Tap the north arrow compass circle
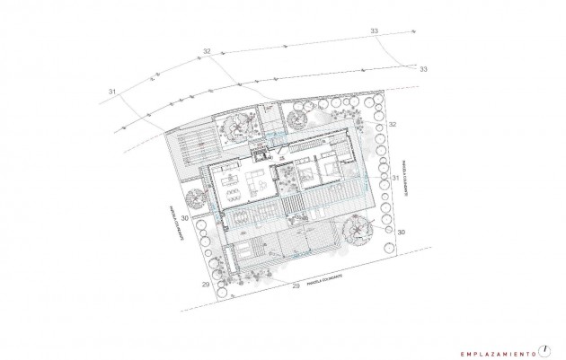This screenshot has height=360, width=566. pos(544,348)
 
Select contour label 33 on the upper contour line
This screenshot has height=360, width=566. pos(374,31)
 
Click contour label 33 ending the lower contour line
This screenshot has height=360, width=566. pos(423,69)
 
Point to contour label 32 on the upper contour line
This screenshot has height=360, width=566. pos(207,53)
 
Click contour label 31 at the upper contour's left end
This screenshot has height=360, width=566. pos(112,92)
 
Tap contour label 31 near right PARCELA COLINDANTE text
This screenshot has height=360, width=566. pos(396,180)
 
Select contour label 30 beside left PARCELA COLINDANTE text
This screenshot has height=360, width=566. pos(184,218)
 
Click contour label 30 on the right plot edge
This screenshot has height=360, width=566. pos(401,232)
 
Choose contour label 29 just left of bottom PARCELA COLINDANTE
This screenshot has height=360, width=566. pos(295,286)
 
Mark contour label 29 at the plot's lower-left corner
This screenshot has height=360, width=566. pos(206,284)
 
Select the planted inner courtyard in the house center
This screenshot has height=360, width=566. pos(290,184)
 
